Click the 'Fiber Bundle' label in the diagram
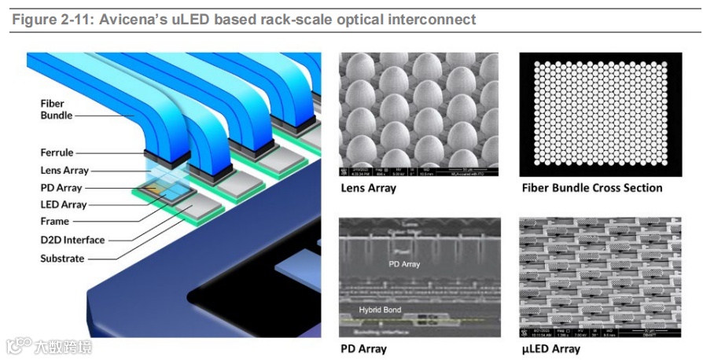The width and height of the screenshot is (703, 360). pos(56,109)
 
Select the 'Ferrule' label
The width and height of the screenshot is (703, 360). pos(57,152)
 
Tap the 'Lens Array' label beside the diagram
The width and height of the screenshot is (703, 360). pos(64,171)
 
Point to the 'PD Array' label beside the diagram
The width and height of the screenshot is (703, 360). pos(61,188)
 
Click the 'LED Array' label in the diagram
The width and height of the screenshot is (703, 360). pos(64,204)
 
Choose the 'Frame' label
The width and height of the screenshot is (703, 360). pos(55,222)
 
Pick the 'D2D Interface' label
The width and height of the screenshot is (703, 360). pos(72,240)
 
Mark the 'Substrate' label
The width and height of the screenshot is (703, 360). pos(62,256)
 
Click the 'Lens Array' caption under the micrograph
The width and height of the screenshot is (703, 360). pos(368,188)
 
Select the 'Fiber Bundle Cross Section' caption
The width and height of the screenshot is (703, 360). pos(591,188)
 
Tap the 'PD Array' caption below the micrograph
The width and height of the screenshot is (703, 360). pos(363,348)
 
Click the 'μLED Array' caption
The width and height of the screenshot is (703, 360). pos(550,348)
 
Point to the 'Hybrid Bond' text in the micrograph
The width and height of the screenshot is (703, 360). pos(380,310)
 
